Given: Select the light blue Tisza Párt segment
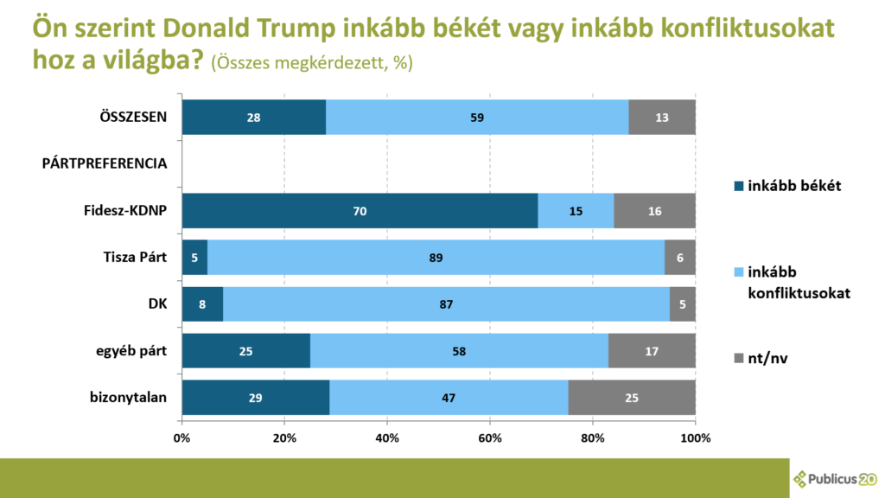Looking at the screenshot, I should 436,257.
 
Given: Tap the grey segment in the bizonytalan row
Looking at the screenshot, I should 631,398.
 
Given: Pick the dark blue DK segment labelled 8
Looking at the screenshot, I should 202,304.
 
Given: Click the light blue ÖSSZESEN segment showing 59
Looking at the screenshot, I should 477,118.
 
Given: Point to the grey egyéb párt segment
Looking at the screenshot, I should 652,351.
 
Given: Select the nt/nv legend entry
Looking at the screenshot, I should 762,357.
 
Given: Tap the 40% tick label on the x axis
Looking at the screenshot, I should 387,438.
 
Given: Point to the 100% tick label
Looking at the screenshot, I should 695,438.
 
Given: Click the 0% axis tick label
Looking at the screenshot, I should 182,438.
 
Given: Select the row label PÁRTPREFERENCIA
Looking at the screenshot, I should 105,163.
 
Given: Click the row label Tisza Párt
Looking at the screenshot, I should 130,257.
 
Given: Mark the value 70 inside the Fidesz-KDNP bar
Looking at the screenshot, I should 360,210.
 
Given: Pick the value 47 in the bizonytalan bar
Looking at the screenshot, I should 448,398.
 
